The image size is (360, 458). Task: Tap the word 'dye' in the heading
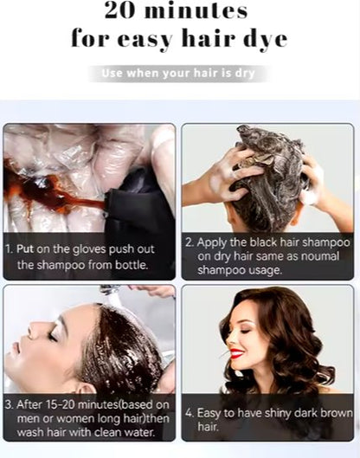coord(263,40)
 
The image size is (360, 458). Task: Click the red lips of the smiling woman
coord(236,353)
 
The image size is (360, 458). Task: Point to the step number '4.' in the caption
coord(189,413)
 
